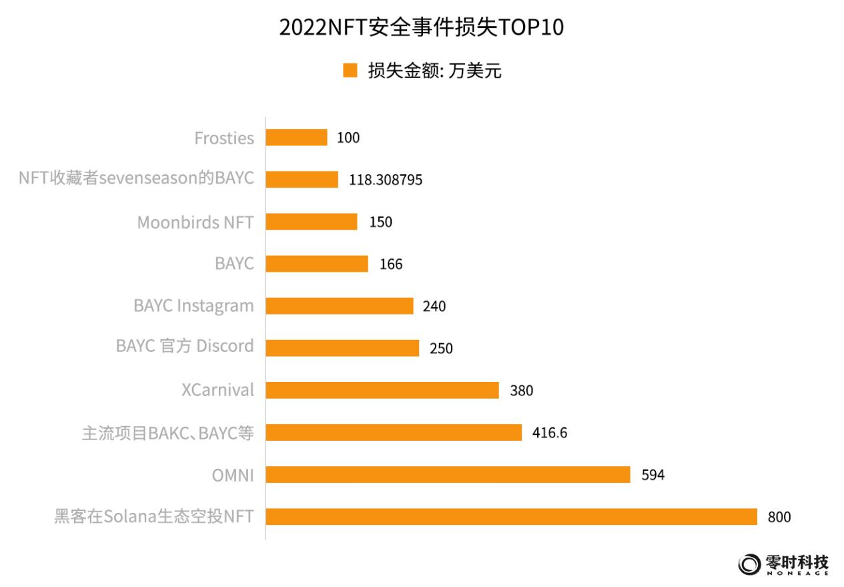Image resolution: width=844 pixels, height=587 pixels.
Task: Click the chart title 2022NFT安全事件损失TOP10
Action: coord(421,27)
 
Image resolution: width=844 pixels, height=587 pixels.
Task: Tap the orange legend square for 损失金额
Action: coord(350,71)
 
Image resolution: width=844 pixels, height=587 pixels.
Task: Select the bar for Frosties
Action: coord(296,138)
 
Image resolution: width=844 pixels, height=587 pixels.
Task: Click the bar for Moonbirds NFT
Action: coord(312,222)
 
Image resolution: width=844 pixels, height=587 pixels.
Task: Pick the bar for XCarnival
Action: coord(382,390)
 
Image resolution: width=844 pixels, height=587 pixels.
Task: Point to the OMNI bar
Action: coord(448,474)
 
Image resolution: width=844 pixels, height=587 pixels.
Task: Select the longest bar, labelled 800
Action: coord(511,516)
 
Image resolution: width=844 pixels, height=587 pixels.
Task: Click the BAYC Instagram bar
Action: coord(340,306)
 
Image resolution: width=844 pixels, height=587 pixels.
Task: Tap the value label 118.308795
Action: coord(386,180)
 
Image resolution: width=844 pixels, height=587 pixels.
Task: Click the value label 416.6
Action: coord(550,433)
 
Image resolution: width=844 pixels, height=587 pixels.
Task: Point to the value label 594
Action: coord(653,475)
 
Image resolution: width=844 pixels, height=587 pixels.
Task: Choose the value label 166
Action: coord(391,264)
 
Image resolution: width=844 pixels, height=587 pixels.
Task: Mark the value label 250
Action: coord(441,349)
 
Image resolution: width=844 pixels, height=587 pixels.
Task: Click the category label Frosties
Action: coord(224,138)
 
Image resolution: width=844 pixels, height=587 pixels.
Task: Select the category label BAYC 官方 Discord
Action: coord(185,346)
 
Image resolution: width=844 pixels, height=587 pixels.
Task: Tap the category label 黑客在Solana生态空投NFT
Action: coord(154,516)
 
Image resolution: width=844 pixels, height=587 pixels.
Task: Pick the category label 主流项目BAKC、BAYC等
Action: coord(167,433)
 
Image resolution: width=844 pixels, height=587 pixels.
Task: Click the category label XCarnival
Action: coord(218,390)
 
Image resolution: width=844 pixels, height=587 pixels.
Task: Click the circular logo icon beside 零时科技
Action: coord(749,564)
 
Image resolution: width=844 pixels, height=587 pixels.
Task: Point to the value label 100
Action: coord(348,138)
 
